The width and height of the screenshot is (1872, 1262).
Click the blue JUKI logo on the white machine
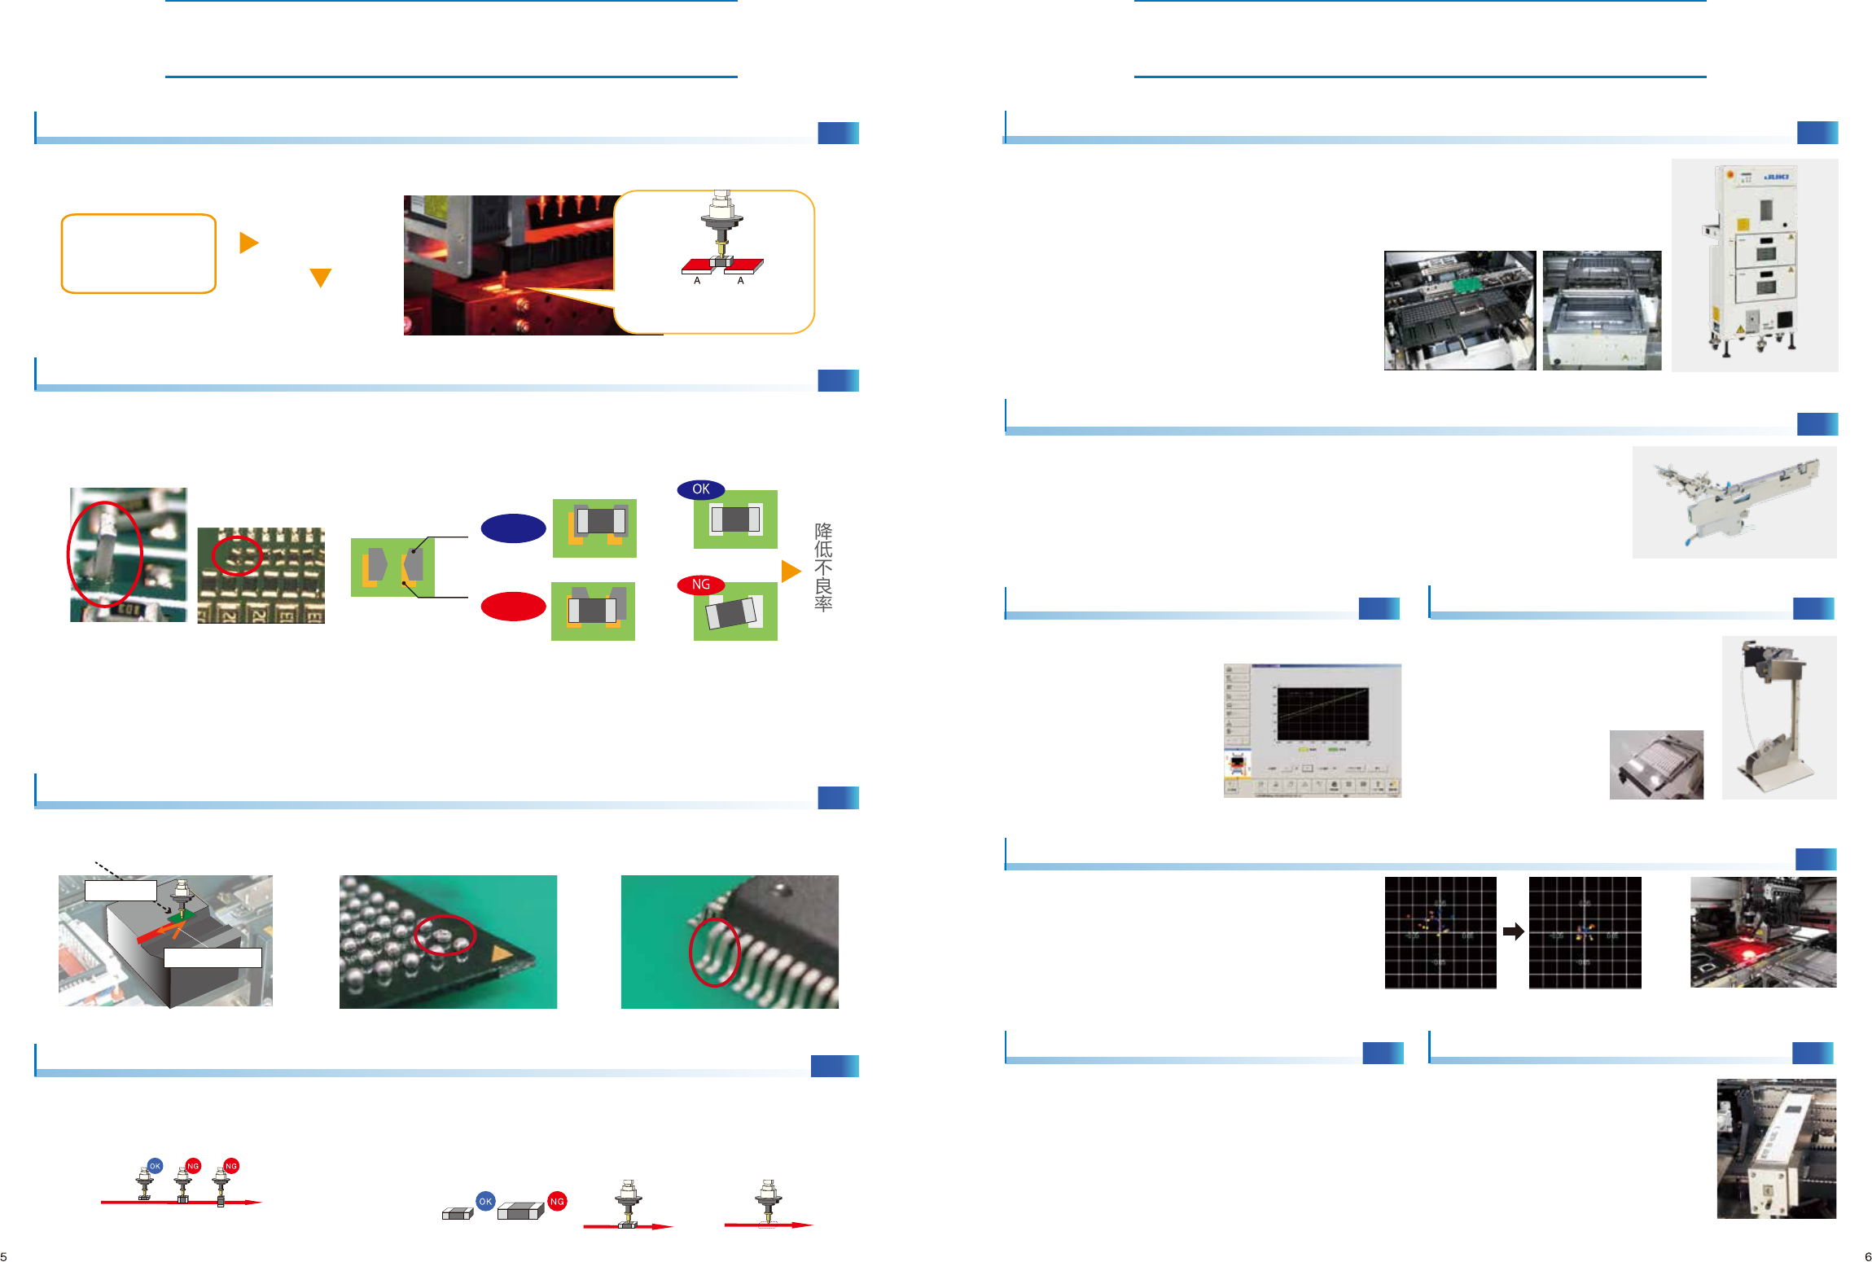tap(1777, 177)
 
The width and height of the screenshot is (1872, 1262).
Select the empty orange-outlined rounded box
tap(138, 253)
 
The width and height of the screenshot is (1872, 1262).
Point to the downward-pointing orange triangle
tap(321, 278)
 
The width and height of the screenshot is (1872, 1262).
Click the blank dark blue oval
tap(513, 528)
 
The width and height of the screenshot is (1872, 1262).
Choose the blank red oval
tap(513, 607)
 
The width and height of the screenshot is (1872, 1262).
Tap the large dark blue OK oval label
tap(700, 489)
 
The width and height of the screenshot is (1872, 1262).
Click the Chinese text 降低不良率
tap(823, 567)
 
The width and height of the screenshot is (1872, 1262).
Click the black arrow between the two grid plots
tap(1513, 931)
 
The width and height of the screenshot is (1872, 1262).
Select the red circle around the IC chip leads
tap(714, 952)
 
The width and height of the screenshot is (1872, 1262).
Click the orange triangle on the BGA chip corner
tap(502, 953)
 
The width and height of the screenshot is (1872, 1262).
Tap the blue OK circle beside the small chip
tap(485, 1201)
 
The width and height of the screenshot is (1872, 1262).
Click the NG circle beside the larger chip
tap(557, 1201)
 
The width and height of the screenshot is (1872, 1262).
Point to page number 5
tap(4, 1256)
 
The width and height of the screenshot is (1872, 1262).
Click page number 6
tap(1868, 1256)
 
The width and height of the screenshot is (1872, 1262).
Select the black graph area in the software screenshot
tap(1322, 714)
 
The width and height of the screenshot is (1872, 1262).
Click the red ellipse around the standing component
tap(104, 554)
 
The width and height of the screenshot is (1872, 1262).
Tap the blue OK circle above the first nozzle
tap(155, 1166)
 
